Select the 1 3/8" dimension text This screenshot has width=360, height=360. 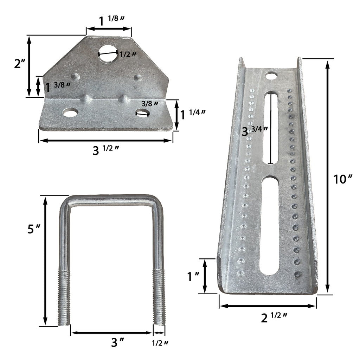(x=58, y=86)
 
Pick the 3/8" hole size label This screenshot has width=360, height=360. (x=150, y=104)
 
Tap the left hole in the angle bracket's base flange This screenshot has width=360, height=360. (x=70, y=113)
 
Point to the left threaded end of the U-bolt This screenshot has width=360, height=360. (x=65, y=299)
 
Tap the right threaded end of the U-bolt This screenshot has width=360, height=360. (x=159, y=299)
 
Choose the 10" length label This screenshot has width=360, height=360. (x=343, y=179)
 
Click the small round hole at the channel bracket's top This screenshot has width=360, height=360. (x=271, y=75)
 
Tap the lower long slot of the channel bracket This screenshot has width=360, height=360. (x=270, y=225)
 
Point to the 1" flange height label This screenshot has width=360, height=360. (x=194, y=277)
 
